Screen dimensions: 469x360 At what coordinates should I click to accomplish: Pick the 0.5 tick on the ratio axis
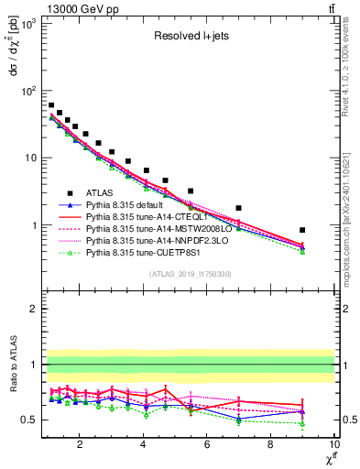[x=29, y=420]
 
